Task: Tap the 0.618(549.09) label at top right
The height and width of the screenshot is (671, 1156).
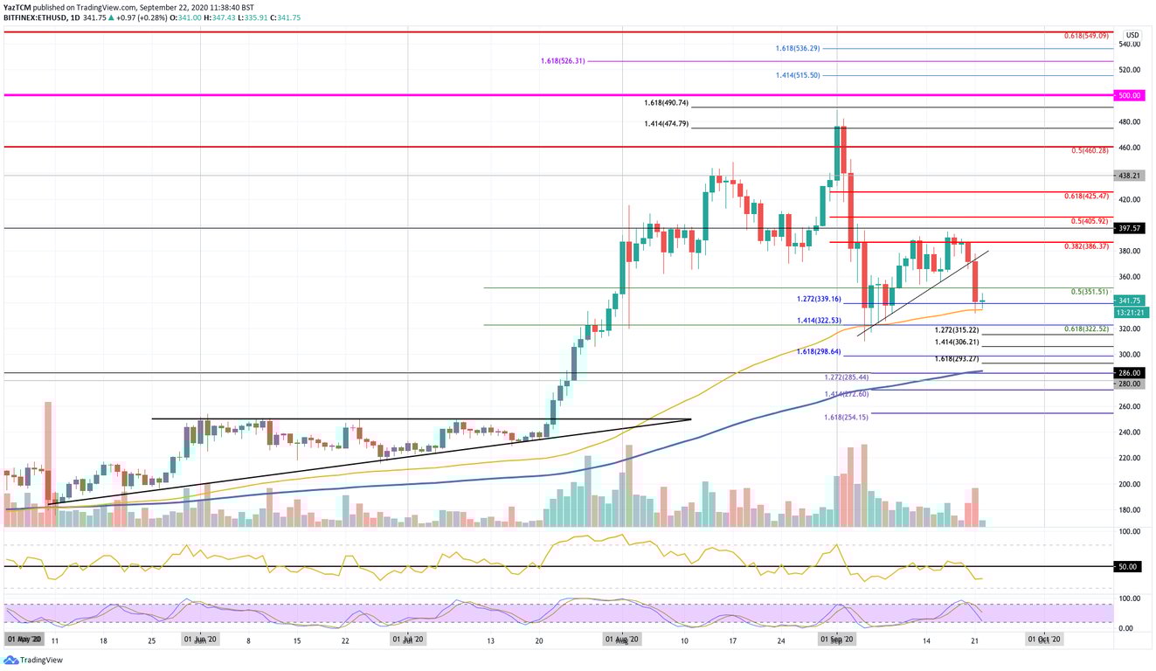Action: (1086, 36)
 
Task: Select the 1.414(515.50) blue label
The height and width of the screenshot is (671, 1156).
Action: (798, 76)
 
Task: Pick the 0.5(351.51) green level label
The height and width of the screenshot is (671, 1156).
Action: (1090, 292)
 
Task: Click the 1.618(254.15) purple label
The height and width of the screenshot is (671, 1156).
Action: (846, 418)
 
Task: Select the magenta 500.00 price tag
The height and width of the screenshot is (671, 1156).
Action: (1128, 94)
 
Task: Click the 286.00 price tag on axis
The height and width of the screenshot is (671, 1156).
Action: (1128, 372)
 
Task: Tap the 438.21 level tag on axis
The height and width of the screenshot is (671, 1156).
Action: (1128, 175)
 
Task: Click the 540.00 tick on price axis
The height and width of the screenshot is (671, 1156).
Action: (1128, 44)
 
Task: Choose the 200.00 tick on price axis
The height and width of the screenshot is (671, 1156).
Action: (1128, 484)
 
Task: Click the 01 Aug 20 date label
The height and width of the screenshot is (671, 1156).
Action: (622, 639)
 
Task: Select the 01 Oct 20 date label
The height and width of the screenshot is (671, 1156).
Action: (1045, 639)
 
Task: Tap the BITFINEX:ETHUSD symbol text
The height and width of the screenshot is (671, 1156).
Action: (34, 17)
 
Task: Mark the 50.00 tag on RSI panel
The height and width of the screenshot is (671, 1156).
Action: (1128, 566)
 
